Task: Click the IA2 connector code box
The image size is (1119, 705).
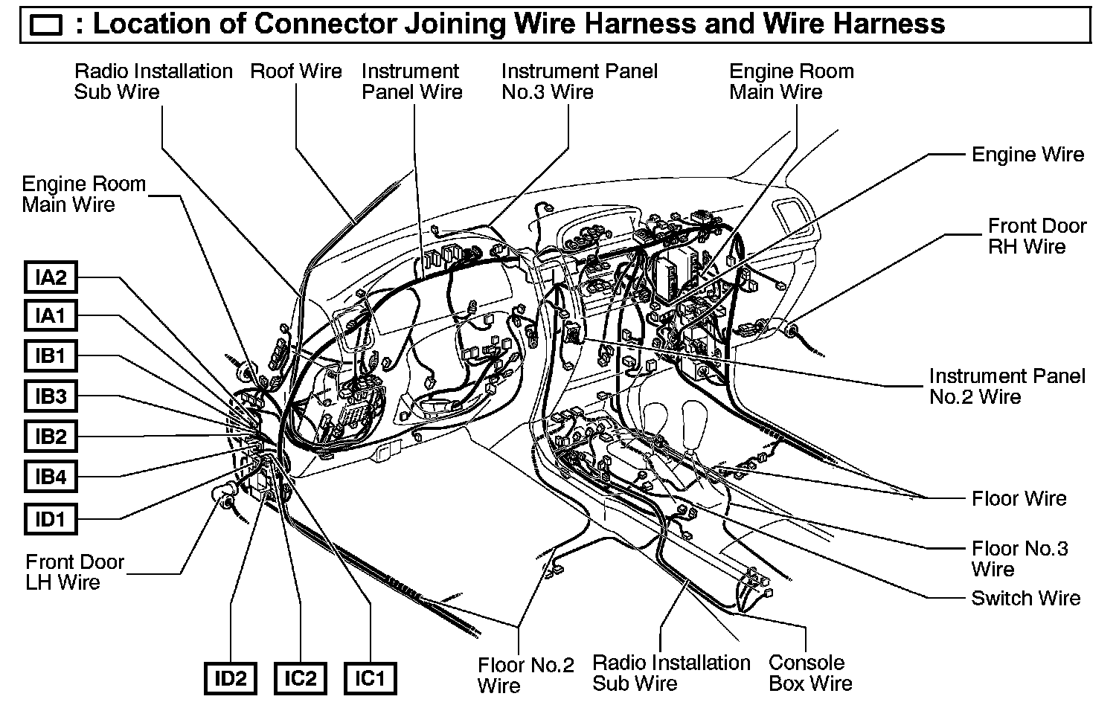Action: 51,277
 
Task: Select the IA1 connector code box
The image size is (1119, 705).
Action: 51,316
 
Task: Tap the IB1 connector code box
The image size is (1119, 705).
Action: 51,355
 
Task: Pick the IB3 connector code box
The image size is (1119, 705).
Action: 51,396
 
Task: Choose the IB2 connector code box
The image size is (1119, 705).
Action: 51,437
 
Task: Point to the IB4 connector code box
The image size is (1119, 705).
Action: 51,477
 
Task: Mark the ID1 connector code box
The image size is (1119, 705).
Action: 51,518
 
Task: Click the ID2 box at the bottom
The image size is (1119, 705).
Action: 230,678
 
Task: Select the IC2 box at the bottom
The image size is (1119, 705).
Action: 301,678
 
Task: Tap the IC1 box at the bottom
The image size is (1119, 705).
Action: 370,678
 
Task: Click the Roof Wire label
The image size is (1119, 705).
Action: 296,71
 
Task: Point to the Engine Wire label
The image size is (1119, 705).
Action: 1027,155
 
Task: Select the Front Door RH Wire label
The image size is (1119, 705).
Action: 1036,236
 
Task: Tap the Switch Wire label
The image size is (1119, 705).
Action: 1025,598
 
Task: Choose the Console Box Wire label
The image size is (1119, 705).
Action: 809,672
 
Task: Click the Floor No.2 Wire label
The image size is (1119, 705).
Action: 525,675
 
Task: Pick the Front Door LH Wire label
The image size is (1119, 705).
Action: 74,571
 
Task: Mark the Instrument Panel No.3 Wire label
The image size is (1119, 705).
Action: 579,82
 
